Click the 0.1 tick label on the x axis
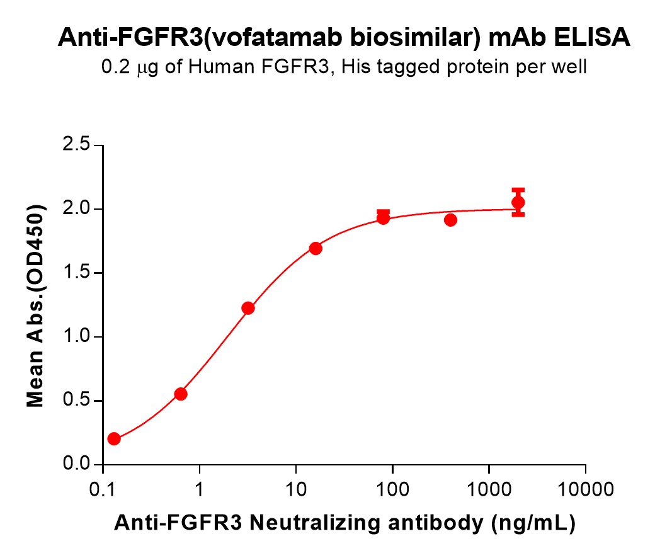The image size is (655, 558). pos(103,489)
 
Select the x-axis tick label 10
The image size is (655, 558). pos(296,489)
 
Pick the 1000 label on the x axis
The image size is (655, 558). pos(489,489)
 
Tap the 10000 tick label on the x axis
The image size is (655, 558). pos(586,489)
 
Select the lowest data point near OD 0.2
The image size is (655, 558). pos(114,439)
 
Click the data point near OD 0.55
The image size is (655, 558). pos(181,394)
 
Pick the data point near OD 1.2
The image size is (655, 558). pos(248,308)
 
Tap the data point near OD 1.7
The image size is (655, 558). pos(316,249)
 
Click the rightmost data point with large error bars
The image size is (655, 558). pos(518,202)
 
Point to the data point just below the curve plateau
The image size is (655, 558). pos(450,220)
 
